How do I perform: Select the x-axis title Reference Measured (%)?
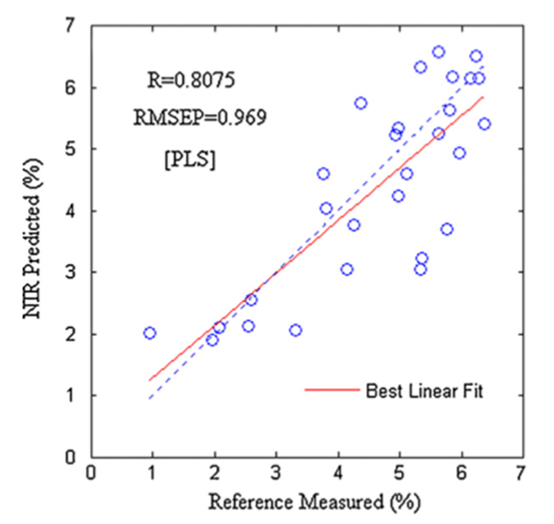tap(314, 501)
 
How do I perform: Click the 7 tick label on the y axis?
tap(70, 27)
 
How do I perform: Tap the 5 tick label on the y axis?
tap(70, 149)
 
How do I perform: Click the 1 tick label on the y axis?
tap(70, 395)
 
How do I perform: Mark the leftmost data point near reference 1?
tap(150, 333)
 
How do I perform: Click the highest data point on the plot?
tap(438, 52)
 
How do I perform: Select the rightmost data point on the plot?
tap(484, 123)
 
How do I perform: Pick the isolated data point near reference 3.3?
tap(296, 330)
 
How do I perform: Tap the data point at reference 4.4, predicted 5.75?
tap(361, 103)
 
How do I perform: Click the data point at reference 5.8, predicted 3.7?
tap(447, 229)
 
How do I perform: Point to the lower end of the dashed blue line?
tap(150, 399)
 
